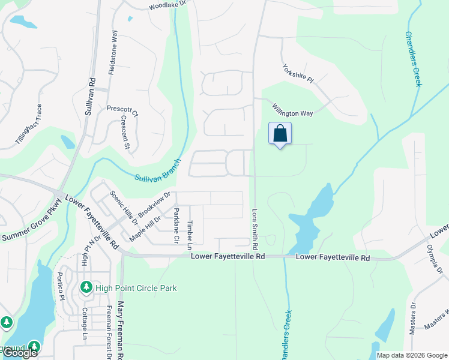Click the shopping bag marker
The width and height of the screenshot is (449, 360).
click(280, 133)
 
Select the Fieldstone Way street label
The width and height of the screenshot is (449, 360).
click(112, 52)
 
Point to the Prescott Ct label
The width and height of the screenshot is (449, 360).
click(122, 112)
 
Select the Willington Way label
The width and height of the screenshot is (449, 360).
click(292, 110)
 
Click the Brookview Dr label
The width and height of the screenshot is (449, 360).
click(154, 205)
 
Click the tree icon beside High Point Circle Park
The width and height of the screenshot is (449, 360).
click(86, 288)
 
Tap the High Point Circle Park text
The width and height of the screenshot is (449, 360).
click(136, 288)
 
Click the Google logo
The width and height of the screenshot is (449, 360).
click(19, 353)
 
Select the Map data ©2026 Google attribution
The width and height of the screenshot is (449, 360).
click(412, 355)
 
